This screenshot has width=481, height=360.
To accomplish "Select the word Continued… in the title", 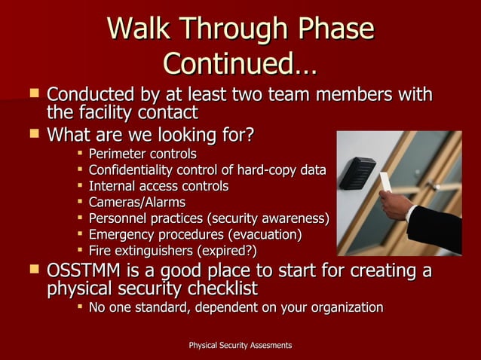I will (240, 63).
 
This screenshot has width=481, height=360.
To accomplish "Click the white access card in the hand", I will (386, 184).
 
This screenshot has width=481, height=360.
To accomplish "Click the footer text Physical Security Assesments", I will (240, 345).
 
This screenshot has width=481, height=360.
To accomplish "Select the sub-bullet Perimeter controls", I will (142, 154).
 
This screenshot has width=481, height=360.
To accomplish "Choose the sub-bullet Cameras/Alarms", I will (136, 203).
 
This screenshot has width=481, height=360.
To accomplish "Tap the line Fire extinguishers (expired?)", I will (173, 250).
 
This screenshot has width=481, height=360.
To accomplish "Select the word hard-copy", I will (260, 170).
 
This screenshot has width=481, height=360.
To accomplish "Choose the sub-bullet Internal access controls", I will (158, 186).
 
